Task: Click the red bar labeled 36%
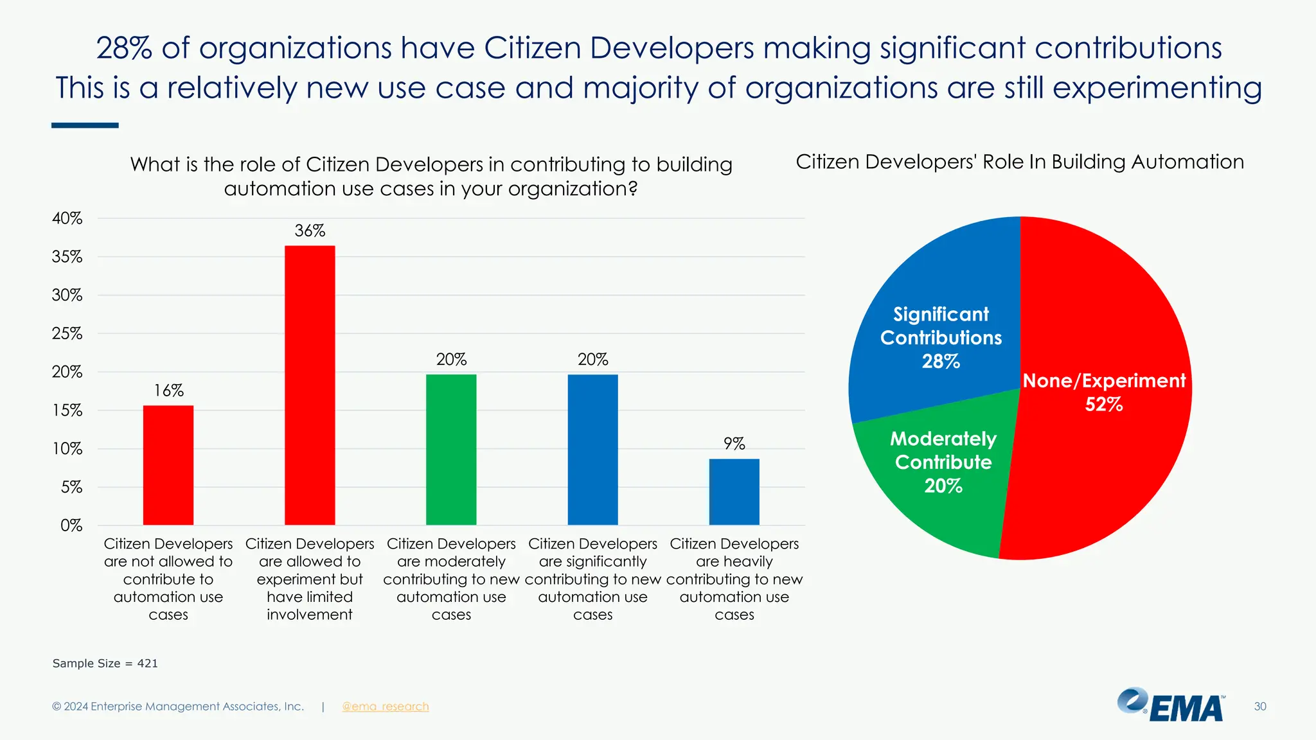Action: tap(310, 385)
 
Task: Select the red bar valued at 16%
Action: tap(168, 465)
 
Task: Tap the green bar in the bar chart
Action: tap(451, 450)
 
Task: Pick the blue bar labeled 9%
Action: tap(734, 491)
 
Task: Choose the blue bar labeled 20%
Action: tap(592, 450)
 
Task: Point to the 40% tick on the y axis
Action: tap(67, 218)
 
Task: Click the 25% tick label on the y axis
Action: tap(67, 333)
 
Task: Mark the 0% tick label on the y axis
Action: tap(71, 525)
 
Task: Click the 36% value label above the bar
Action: tap(310, 231)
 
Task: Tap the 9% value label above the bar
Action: tap(734, 444)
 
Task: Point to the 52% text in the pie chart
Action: tap(1104, 405)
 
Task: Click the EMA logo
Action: tap(1171, 705)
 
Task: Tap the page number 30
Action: tap(1260, 707)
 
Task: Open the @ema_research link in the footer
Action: tap(385, 707)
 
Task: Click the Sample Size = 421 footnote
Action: tap(105, 664)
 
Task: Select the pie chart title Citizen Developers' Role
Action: tap(1020, 162)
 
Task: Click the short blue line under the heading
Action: tap(85, 125)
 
